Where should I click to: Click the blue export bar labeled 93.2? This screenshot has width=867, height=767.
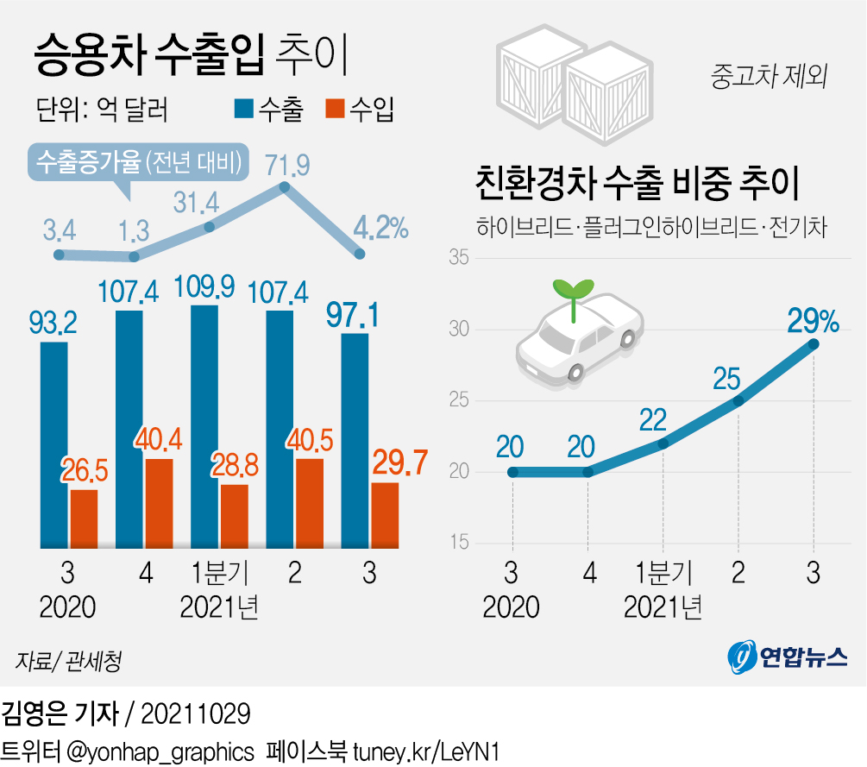click(53, 444)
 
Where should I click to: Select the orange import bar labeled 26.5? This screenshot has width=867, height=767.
click(84, 519)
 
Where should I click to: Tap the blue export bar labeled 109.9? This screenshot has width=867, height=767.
click(204, 426)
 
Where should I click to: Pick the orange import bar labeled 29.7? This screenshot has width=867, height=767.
click(385, 515)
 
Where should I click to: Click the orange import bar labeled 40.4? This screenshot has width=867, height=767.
click(159, 503)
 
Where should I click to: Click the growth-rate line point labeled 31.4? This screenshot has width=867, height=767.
click(209, 227)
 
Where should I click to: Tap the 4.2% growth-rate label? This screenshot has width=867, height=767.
click(380, 228)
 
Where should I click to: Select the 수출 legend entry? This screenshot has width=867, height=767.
click(268, 110)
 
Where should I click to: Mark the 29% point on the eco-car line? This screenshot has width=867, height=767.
click(814, 344)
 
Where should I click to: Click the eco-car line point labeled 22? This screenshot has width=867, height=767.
click(663, 443)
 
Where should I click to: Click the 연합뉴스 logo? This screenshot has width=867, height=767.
click(786, 658)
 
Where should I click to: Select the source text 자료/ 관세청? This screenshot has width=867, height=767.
click(67, 662)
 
